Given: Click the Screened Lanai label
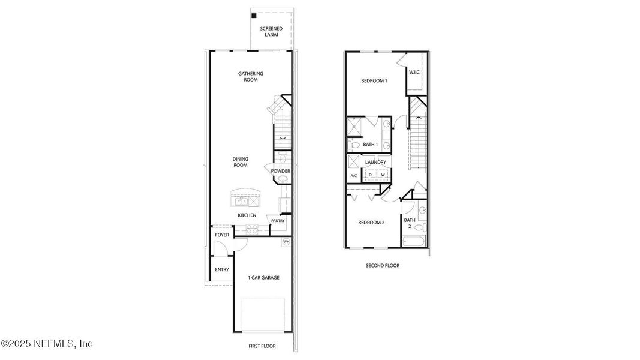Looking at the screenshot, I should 271,31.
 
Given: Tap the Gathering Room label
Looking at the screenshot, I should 251,77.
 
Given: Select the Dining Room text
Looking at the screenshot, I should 241,162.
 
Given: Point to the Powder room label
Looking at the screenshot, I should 280,171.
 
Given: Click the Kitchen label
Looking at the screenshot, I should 247,215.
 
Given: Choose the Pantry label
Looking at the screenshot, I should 278,221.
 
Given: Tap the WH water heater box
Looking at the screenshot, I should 286,242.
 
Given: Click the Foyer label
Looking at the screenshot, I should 222,235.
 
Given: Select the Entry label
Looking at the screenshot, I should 222,269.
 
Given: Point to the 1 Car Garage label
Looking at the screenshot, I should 263,277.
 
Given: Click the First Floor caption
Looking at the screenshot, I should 262,346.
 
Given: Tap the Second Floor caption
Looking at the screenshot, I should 383,265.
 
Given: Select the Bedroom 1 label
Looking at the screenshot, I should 374,81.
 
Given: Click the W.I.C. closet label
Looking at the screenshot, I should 414,73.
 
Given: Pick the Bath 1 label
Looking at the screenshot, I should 370,145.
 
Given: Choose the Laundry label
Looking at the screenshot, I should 375,163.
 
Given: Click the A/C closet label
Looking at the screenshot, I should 353,175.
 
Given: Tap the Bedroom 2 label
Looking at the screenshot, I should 371,223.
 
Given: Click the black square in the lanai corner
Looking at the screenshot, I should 254,16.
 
